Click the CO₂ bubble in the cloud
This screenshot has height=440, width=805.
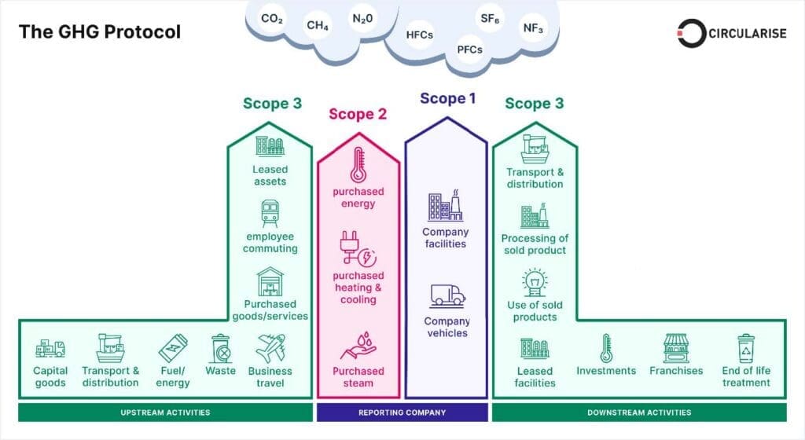pos(272,19)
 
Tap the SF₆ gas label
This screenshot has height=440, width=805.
pos(490,19)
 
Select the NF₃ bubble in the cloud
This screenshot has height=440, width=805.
pos(533,28)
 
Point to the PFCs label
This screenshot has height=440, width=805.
pos(470,49)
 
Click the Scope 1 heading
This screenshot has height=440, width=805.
pos(447,98)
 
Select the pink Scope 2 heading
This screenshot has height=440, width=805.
pos(358,114)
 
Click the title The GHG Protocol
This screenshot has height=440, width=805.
pos(100,31)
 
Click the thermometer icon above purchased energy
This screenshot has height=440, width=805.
pos(358,165)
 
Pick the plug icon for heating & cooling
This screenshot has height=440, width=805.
pos(358,248)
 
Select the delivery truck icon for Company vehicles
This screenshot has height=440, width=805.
pos(447,295)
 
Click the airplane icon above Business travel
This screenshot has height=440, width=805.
pos(270,348)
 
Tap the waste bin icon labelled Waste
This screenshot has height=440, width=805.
pos(221,348)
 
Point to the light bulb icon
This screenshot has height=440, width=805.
pos(535,281)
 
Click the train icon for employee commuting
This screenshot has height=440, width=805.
pos(270,214)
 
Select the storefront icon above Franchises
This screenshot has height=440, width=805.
pos(675,348)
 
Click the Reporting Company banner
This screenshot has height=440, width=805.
pos(402,412)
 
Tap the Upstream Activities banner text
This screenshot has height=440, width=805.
pos(165,412)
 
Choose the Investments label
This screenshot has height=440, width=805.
pos(606,371)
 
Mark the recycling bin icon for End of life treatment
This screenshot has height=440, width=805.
pos(746,348)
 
